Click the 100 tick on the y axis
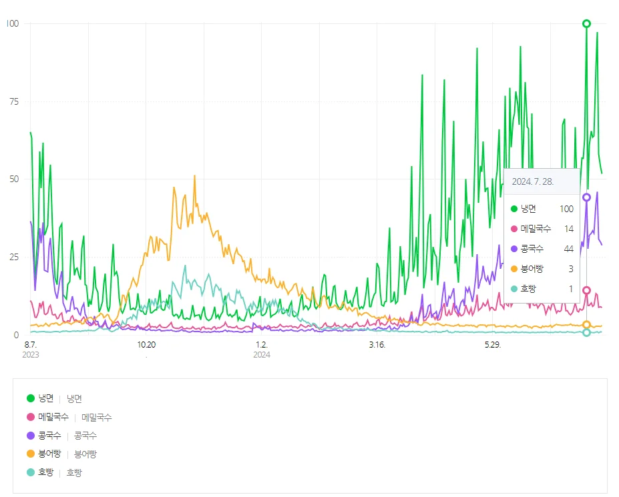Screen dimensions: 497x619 pos(13,23)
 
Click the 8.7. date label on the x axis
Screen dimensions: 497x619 pos(30,344)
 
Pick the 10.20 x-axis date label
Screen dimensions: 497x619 pos(146,344)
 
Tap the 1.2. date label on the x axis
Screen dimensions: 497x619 pos(261,344)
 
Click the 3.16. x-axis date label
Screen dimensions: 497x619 pos(377,344)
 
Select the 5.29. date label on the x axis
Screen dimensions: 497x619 pos(493,344)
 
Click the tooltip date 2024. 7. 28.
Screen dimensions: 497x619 pos(533,181)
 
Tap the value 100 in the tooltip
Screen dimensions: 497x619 pos(566,209)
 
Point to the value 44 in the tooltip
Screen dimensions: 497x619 pos(568,249)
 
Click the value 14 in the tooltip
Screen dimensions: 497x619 pos(568,229)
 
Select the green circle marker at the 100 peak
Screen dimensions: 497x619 pos(586,24)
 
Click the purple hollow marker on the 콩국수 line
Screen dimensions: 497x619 pos(586,197)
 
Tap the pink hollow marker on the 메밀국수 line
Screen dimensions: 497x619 pos(586,291)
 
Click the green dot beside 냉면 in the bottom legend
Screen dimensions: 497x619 pos(31,399)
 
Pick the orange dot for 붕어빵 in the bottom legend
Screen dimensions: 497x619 pos(31,454)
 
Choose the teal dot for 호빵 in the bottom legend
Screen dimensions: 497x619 pos(31,472)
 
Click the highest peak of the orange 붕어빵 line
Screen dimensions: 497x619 pos(194,176)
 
